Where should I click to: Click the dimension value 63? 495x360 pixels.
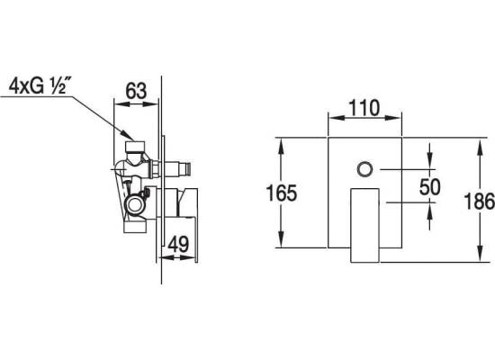(136, 91)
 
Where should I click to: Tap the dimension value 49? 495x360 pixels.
(178, 244)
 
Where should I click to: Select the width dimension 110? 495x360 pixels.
(364, 108)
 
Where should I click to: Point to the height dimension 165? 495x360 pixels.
(282, 193)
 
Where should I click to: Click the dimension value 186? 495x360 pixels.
(479, 202)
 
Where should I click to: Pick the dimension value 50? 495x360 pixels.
(429, 186)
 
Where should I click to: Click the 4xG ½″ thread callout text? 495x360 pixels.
(38, 85)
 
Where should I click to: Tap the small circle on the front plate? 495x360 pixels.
(364, 169)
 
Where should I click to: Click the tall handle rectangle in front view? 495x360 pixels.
(364, 226)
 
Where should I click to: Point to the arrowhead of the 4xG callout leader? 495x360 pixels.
(130, 136)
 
